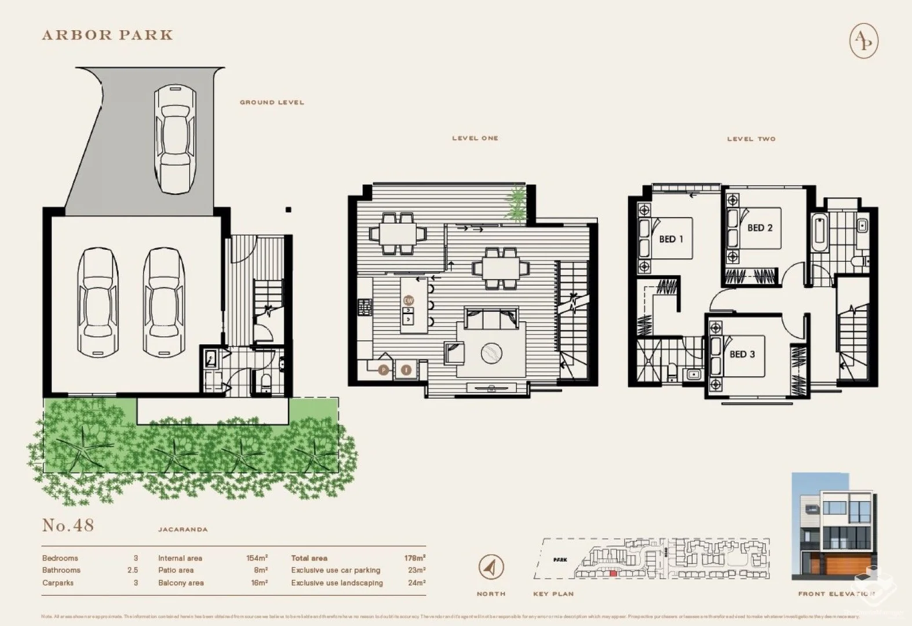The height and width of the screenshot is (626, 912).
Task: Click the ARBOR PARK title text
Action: [x=108, y=35]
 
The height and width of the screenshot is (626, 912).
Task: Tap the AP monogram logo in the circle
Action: [x=863, y=41]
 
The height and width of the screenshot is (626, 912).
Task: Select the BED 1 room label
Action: [x=670, y=239]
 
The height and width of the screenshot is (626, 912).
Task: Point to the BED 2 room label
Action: [x=760, y=228]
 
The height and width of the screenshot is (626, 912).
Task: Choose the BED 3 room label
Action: [x=742, y=354]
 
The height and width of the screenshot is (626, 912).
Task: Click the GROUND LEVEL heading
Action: [x=272, y=102]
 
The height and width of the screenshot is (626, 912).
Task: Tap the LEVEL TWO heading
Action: [x=751, y=139]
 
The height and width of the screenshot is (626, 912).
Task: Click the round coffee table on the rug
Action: [x=494, y=351]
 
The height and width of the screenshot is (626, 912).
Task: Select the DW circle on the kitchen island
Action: [x=408, y=300]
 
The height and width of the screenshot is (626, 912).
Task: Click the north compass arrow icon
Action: [x=491, y=567]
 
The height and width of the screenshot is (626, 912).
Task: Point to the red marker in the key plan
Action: [x=613, y=573]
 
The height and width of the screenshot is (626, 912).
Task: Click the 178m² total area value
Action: [x=414, y=558]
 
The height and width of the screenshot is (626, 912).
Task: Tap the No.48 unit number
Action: [x=68, y=525]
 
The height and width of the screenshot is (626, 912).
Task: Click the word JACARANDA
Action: [x=183, y=529]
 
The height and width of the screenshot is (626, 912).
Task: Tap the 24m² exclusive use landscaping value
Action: [x=416, y=583]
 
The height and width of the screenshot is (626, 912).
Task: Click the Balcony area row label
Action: [x=181, y=583]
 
